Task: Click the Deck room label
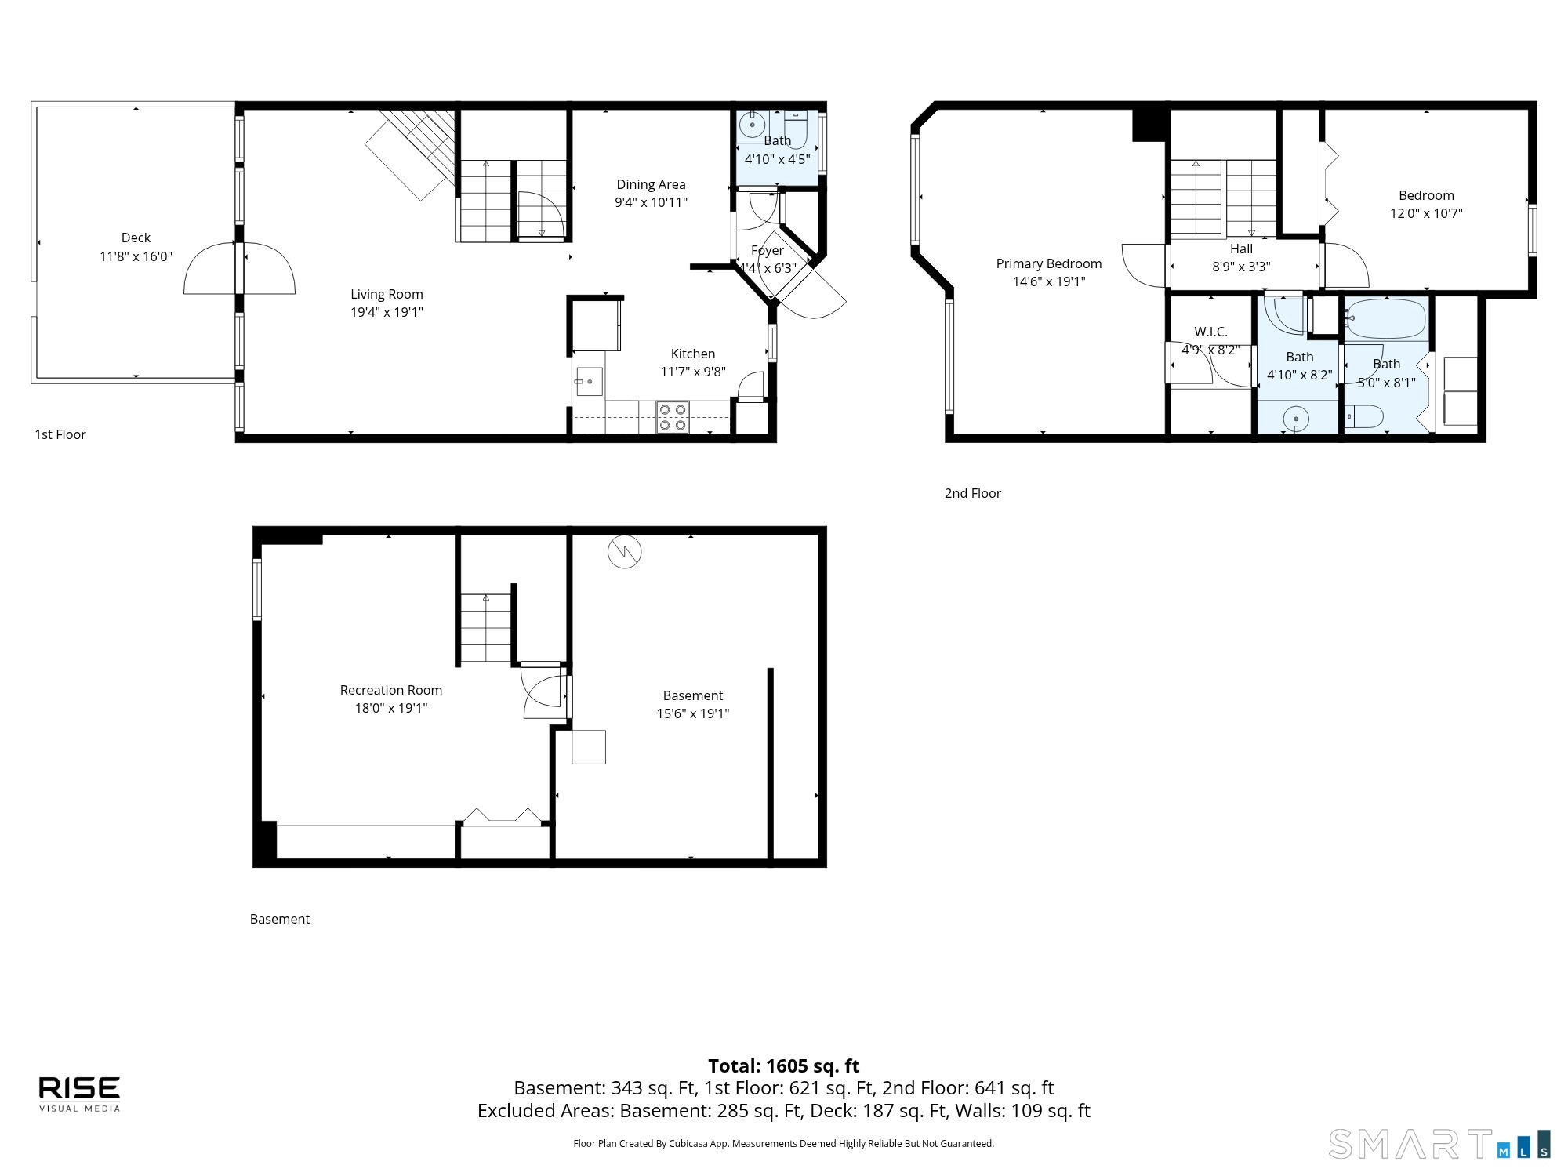tap(136, 238)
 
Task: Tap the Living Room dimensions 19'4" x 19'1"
tap(387, 312)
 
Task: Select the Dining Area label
tap(651, 184)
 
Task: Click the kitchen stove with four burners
tap(672, 417)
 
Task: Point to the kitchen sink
tap(589, 382)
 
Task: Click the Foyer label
tap(767, 250)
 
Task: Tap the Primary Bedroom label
tap(1049, 263)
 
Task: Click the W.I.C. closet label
tap(1210, 332)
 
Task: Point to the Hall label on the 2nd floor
tap(1241, 249)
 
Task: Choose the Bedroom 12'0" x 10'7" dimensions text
tap(1426, 213)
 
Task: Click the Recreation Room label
tap(390, 690)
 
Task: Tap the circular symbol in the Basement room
tap(625, 552)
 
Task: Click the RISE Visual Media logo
tap(80, 1094)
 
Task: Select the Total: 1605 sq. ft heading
tap(784, 1066)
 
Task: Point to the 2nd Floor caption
tap(972, 493)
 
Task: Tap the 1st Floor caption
tap(60, 434)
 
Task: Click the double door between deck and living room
tap(239, 269)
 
